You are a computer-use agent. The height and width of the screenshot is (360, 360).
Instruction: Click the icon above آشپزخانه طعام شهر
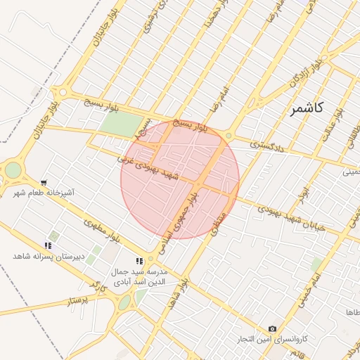pyautogui.click(x=44, y=181)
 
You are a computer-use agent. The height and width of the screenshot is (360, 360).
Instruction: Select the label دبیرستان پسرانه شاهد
pyautogui.click(x=48, y=256)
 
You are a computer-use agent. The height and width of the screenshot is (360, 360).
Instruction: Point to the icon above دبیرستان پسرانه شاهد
pyautogui.click(x=48, y=245)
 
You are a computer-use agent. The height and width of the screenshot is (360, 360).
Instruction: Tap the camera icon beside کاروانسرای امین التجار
pyautogui.click(x=273, y=329)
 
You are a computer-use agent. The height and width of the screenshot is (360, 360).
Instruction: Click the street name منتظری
pyautogui.click(x=219, y=223)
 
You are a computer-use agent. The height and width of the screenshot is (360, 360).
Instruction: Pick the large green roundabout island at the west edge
pyautogui.click(x=13, y=169)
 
